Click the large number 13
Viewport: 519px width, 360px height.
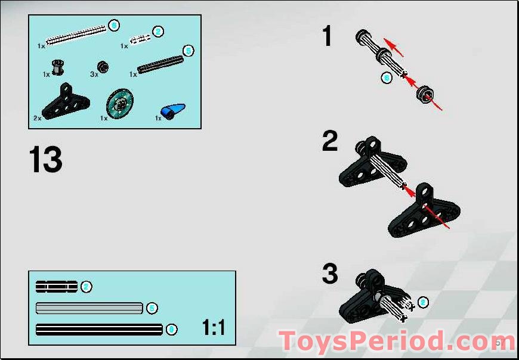click(x=46, y=160)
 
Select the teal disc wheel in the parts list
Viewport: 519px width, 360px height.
click(x=121, y=104)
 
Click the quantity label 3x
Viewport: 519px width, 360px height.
click(x=94, y=75)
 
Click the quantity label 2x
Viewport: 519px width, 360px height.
click(x=38, y=118)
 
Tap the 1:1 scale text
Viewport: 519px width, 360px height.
click(x=214, y=327)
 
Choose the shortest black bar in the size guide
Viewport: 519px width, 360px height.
click(x=57, y=287)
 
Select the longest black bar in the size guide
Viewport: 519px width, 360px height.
click(x=99, y=329)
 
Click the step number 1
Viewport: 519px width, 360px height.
click(x=327, y=37)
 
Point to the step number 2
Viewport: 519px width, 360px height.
click(x=330, y=142)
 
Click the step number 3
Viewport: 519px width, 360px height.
click(x=330, y=274)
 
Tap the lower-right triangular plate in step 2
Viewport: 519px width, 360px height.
click(x=424, y=215)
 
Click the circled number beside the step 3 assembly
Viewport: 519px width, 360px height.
click(x=423, y=302)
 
